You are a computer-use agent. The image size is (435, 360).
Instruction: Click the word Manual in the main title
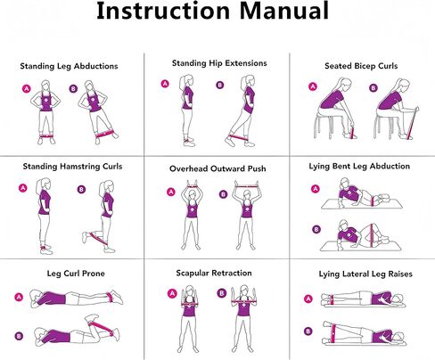pos(283,11)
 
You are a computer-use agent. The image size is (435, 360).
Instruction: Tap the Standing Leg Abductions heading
pos(69,66)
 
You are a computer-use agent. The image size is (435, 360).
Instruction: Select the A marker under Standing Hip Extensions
pos(165,84)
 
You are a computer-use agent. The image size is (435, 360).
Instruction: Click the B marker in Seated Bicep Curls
pos(373,87)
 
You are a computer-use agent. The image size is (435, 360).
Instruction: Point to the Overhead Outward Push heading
pos(217,168)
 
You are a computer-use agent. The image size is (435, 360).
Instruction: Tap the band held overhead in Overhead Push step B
pos(246,187)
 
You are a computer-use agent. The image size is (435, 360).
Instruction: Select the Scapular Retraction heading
pos(214,273)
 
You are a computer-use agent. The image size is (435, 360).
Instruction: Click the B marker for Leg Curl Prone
pos(19,336)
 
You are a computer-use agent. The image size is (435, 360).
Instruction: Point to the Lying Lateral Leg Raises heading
pos(365,274)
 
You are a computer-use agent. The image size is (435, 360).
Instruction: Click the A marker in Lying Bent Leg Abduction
pos(316,189)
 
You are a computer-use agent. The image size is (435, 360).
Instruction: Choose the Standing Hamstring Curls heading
pos(72,167)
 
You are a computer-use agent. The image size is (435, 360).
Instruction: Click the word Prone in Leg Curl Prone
pos(93,274)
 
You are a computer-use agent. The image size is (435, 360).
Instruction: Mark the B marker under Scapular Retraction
pos(222,293)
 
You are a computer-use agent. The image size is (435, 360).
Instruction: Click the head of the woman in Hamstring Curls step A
pos(45,184)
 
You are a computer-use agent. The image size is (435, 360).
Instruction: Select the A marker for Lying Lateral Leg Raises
pos(308,299)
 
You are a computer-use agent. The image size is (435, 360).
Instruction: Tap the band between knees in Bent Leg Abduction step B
pos(371,235)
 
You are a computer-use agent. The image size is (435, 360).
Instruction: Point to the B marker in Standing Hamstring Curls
pos(81,190)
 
